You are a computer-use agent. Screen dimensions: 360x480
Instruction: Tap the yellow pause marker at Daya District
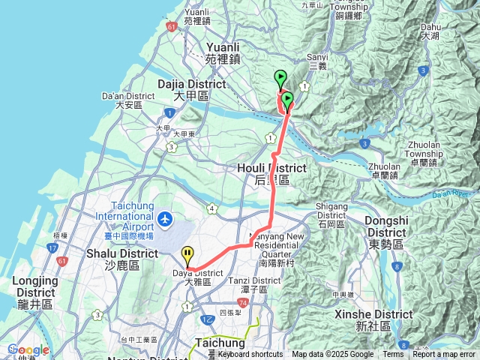click(x=187, y=256)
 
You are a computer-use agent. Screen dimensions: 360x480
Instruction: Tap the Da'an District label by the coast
click(x=130, y=100)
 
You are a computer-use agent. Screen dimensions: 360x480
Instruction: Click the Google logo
click(x=28, y=349)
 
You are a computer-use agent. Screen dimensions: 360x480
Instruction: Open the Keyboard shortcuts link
click(x=250, y=355)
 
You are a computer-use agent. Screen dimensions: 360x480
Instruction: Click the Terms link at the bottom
click(x=393, y=355)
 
